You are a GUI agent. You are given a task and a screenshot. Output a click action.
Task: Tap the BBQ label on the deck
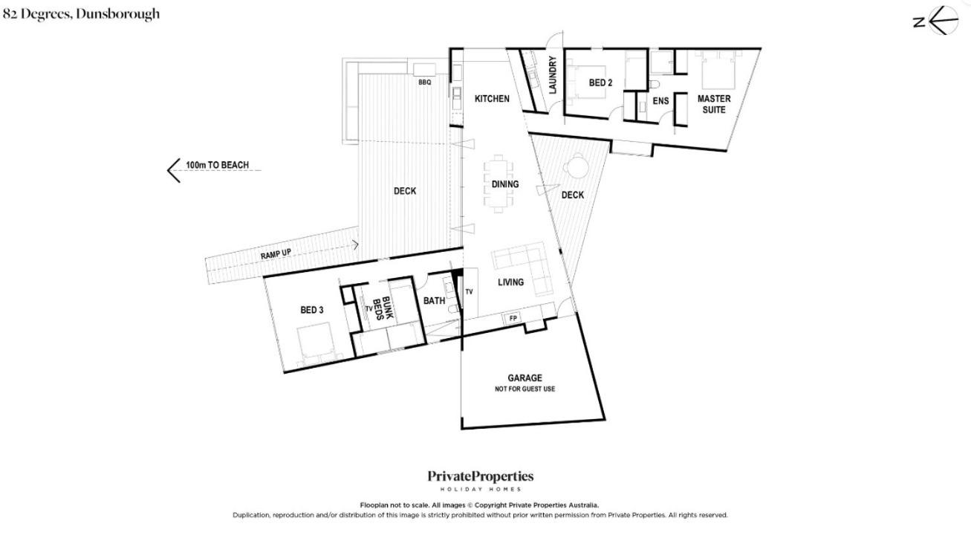[425, 82]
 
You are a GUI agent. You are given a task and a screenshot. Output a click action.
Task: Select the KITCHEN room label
[492, 99]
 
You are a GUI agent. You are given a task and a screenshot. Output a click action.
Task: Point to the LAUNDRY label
[552, 74]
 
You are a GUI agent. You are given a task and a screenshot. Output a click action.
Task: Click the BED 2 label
[600, 82]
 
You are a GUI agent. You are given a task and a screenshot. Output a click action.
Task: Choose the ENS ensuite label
[660, 101]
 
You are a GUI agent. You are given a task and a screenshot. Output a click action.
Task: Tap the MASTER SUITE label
[714, 104]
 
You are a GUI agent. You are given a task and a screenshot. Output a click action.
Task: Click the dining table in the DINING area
[499, 184]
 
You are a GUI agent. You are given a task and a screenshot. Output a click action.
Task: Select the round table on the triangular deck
[577, 165]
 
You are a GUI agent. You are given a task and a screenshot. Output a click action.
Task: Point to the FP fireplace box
[513, 319]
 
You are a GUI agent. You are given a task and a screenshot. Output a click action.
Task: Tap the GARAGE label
[525, 378]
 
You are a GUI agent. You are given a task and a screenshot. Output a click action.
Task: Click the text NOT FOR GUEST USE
[525, 389]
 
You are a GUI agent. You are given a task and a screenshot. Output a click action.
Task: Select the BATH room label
[434, 300]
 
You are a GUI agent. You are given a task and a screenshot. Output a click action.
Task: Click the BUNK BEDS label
[383, 308]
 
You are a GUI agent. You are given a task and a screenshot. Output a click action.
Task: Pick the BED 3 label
[312, 310]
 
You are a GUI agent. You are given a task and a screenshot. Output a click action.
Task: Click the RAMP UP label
[276, 253]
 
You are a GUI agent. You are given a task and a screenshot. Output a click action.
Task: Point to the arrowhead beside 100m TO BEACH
[172, 170]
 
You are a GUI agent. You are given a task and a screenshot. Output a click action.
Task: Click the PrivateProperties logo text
[480, 477]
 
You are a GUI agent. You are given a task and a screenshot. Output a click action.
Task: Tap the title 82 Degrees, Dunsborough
[81, 14]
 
